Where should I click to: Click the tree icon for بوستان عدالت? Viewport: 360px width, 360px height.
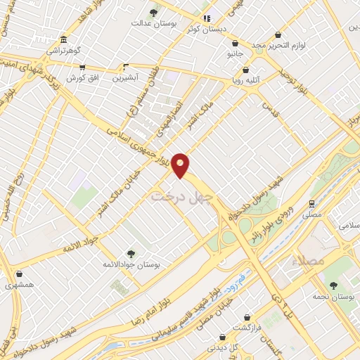pos(154,13)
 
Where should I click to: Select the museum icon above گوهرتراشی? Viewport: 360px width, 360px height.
pos(64,39)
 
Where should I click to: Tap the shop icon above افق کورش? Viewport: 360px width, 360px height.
pos(82,67)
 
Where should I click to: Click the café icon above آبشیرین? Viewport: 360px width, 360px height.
pos(126,67)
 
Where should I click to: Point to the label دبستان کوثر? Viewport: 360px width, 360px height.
pos(205,30)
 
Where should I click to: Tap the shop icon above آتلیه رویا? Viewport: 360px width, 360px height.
pos(245,70)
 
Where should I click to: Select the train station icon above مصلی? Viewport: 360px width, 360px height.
pos(311,203)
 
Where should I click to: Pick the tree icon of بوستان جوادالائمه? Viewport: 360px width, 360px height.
pos(130,253)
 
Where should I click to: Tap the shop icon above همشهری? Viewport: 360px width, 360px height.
pos(18,274)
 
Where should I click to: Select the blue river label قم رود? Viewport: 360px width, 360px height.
pos(231,281)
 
